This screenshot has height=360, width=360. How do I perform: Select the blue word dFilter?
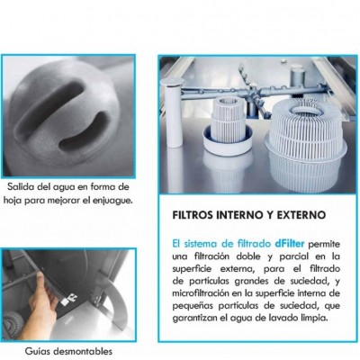coord(290,244)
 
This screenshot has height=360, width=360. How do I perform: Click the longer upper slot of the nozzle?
coord(49,102)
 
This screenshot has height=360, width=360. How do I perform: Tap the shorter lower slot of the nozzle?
coord(85,132)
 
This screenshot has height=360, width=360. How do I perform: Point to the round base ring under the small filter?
coord(228,141)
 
